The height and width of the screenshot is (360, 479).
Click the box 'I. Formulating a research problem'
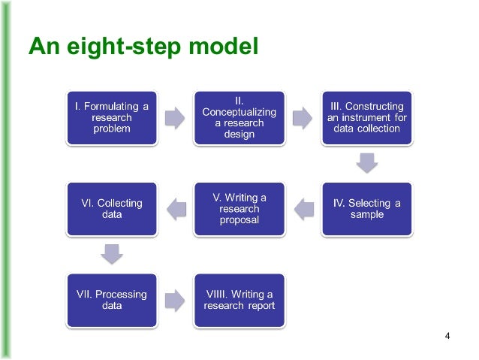point(112,118)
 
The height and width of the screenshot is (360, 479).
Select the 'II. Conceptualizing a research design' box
point(239,118)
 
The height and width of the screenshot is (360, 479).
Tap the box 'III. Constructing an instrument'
point(366,118)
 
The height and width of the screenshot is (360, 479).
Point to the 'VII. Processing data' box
point(112,299)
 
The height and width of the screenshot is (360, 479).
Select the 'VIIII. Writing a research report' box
point(239,299)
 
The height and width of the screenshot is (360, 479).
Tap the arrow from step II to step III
point(303,118)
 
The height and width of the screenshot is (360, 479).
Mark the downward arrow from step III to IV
point(366,163)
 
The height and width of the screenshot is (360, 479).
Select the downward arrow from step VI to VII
point(112,254)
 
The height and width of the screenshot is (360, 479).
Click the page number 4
point(447,335)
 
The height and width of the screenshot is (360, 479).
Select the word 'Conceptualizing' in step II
point(239,112)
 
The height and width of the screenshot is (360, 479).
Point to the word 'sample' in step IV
point(366,215)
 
